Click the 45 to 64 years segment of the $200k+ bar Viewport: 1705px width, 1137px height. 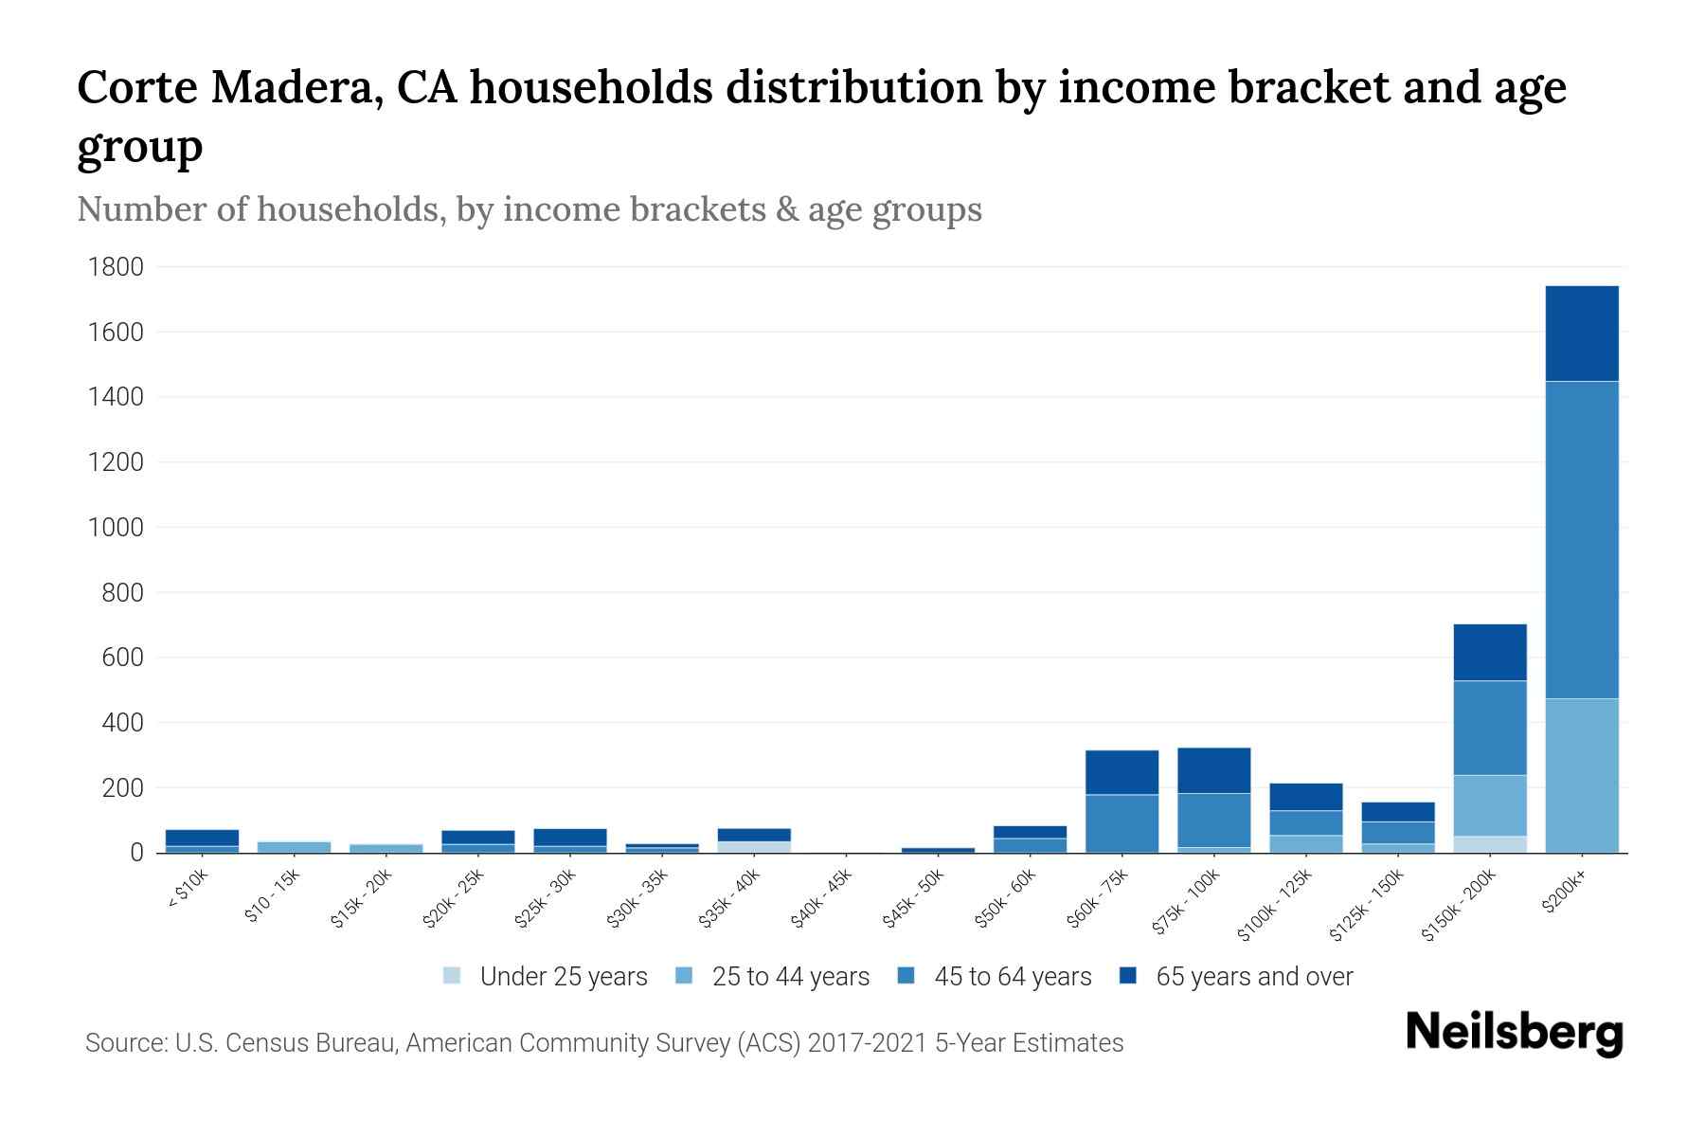point(1581,540)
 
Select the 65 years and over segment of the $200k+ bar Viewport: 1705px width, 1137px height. point(1581,334)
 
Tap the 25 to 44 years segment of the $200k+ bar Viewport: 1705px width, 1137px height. point(1581,775)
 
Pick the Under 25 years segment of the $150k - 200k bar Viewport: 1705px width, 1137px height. point(1489,844)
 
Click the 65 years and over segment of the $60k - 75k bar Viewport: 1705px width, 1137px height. point(1122,772)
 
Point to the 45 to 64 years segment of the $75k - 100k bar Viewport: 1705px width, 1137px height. point(1213,820)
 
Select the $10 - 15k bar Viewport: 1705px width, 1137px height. point(294,847)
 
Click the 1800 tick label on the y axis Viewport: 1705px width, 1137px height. point(116,267)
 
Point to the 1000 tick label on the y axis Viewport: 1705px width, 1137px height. point(116,528)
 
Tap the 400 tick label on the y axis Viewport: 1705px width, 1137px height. point(123,723)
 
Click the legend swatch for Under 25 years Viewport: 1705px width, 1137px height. point(453,976)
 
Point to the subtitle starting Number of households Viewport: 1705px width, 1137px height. point(529,209)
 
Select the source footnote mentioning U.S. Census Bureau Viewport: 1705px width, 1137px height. point(603,1043)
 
